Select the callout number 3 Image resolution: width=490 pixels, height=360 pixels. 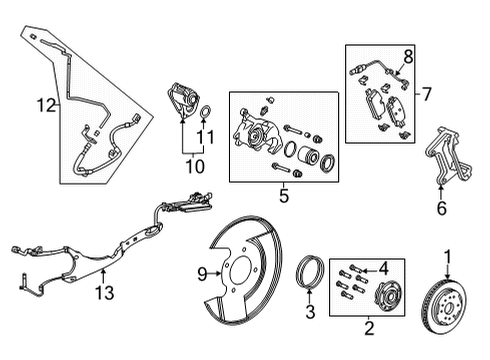tap(310, 313)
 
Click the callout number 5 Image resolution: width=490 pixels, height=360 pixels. tap(284, 197)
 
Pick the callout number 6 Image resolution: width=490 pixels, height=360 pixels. tap(442, 208)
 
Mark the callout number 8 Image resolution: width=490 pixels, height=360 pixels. tap(407, 56)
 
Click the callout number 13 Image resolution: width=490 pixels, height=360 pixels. tap(103, 292)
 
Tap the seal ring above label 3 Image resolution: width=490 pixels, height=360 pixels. tap(310, 272)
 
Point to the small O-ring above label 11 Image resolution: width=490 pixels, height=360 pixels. tap(205, 110)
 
